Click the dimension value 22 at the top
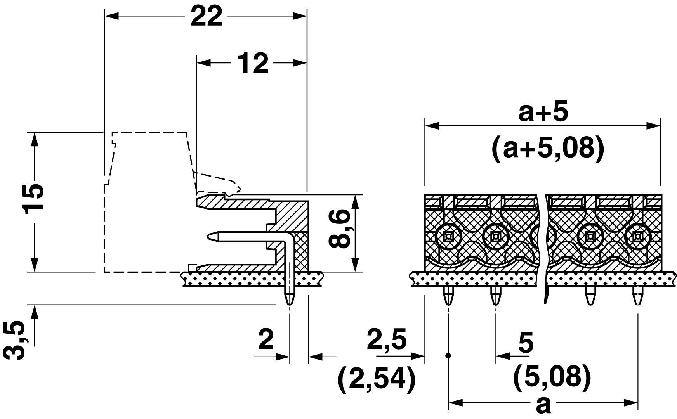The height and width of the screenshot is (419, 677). [x=206, y=17]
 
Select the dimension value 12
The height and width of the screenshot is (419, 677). [x=253, y=64]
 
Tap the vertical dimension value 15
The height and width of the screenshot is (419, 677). [x=33, y=198]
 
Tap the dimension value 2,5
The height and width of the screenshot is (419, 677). [x=387, y=339]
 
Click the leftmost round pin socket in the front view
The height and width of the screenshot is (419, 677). [x=448, y=235]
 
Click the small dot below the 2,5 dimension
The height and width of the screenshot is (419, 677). [x=448, y=355]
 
